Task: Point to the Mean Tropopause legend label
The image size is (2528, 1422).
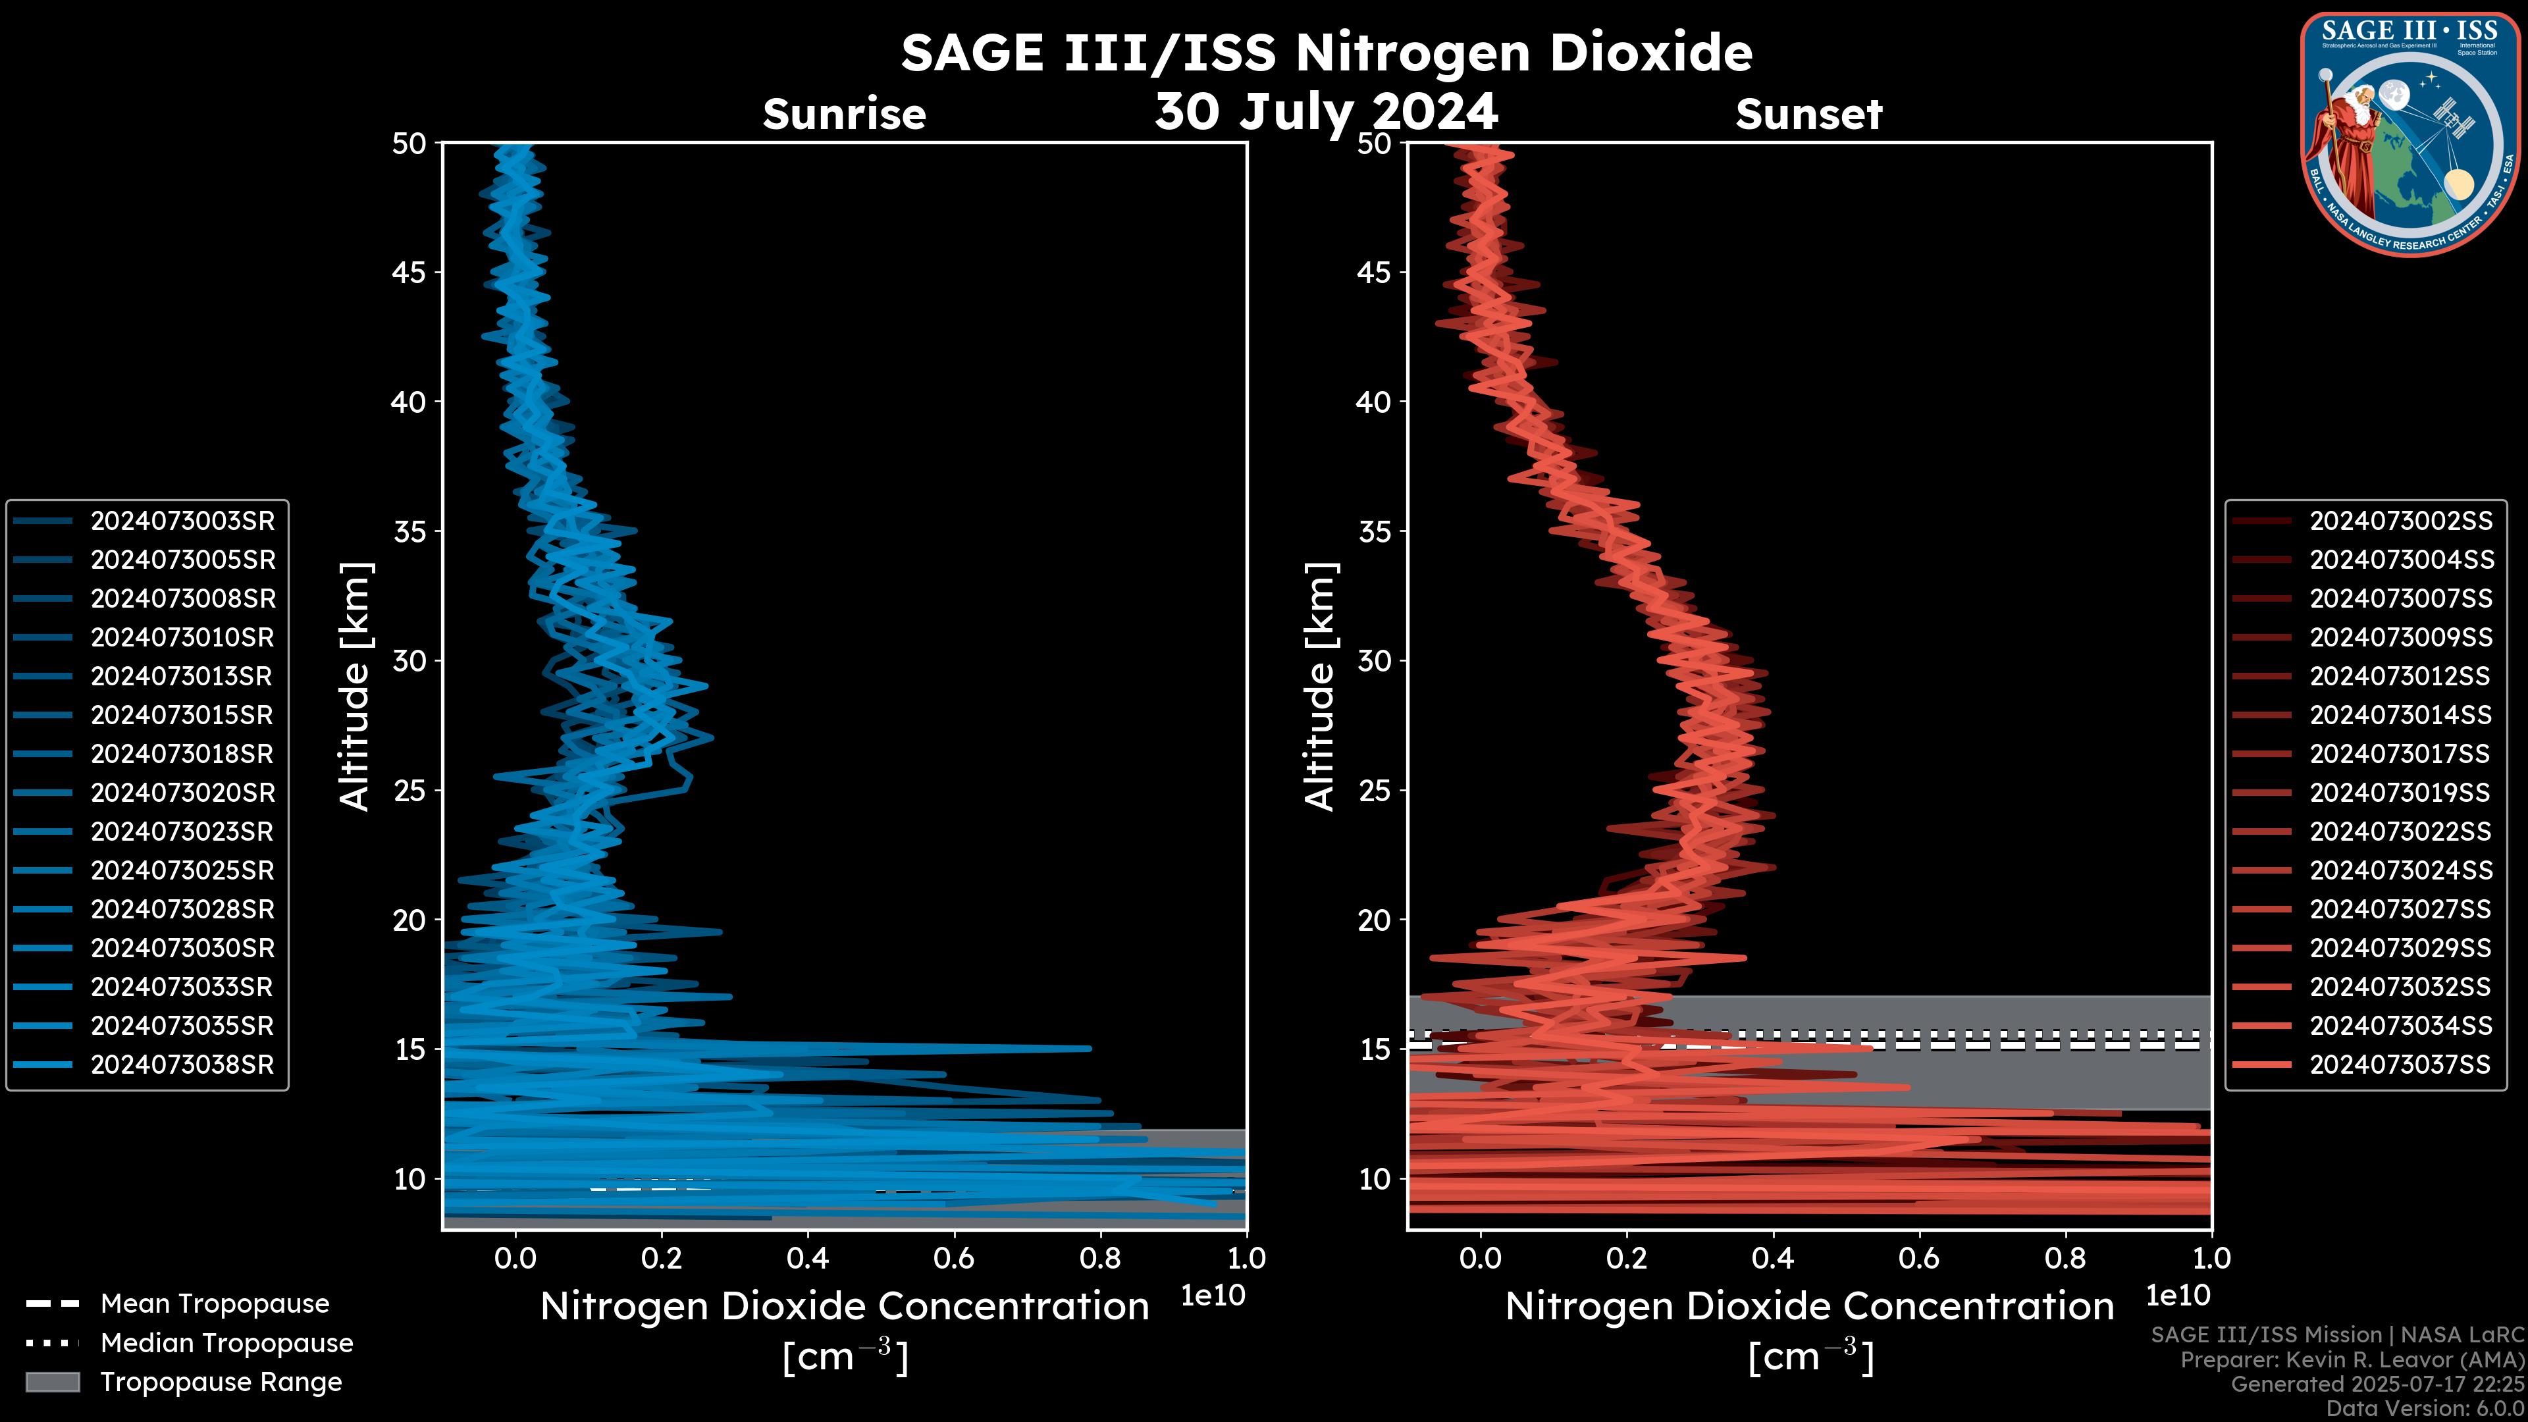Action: [x=215, y=1304]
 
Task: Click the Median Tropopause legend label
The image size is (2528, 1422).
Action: [x=226, y=1344]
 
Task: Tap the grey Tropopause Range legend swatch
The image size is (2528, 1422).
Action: [x=52, y=1382]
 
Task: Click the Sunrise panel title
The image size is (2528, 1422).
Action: [x=844, y=115]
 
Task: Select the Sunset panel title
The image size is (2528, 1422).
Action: [x=1808, y=115]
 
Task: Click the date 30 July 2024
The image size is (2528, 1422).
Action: [x=1326, y=112]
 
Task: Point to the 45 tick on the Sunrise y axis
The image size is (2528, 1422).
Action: [x=409, y=273]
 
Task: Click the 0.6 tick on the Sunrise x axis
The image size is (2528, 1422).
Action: [x=954, y=1258]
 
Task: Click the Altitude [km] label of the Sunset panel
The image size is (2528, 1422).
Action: [x=1321, y=686]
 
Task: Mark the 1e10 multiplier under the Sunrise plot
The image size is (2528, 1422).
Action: [x=1213, y=1296]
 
